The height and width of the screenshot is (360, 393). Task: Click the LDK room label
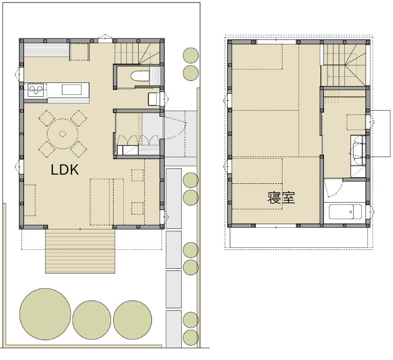(x=64, y=170)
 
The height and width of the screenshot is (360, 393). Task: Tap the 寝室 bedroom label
(x=281, y=198)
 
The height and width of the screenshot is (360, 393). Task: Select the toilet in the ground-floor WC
(x=140, y=76)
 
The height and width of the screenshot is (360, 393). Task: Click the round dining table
(x=62, y=134)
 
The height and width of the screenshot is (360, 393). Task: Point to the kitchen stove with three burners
(x=36, y=90)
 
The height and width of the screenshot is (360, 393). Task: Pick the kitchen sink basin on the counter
(x=72, y=90)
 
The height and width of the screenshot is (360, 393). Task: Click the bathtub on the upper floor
(x=345, y=211)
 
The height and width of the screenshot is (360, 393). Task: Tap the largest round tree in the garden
(x=46, y=314)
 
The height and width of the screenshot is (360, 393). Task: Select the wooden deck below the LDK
(x=80, y=251)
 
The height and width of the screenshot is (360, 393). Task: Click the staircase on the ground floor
(x=137, y=53)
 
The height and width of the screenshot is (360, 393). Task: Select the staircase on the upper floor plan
(x=344, y=65)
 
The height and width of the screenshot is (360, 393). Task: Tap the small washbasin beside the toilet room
(x=153, y=99)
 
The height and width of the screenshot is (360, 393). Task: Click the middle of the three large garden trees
(x=92, y=320)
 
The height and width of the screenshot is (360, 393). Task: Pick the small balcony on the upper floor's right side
(x=380, y=134)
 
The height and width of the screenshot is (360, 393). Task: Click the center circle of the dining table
(x=62, y=134)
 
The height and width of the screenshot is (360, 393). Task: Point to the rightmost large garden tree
(x=133, y=320)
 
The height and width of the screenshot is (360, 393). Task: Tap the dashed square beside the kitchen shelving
(x=79, y=52)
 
